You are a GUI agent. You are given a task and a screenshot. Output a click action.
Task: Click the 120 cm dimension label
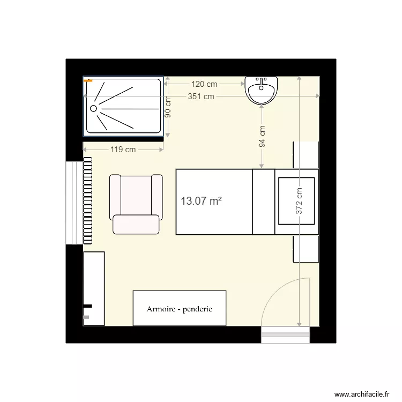204,84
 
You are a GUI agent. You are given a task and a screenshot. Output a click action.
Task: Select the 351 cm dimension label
201,96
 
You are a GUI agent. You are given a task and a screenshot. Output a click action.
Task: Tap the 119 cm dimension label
123,150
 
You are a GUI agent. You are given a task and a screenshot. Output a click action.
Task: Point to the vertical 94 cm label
262,136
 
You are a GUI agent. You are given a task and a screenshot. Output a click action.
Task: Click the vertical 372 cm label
299,200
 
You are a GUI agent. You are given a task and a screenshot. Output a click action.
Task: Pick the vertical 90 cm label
168,107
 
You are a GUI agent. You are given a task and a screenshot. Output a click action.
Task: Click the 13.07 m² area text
201,202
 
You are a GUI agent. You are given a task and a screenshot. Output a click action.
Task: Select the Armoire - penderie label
180,309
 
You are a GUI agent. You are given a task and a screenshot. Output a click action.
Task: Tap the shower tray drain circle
94,108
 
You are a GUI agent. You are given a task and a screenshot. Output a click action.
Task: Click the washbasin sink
262,90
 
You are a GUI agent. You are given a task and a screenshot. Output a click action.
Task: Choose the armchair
136,204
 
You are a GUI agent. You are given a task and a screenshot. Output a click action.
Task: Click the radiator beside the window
87,200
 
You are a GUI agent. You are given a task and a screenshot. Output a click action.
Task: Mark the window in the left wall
74,202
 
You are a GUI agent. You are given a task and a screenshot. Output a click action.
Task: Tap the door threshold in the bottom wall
286,335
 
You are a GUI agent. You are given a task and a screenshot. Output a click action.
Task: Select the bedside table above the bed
306,155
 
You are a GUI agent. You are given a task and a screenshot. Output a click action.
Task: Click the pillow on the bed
296,202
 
